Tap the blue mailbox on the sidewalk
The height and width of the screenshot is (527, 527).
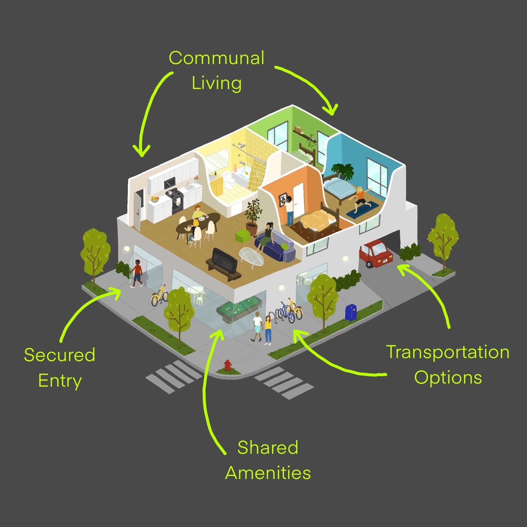click(x=351, y=312)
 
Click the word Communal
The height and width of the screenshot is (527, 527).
click(x=216, y=58)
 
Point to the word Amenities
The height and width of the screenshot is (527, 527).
click(x=268, y=473)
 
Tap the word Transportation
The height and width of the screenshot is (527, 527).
click(x=447, y=352)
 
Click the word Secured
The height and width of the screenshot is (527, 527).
click(x=60, y=355)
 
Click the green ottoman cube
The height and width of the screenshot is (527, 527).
click(x=243, y=236)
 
